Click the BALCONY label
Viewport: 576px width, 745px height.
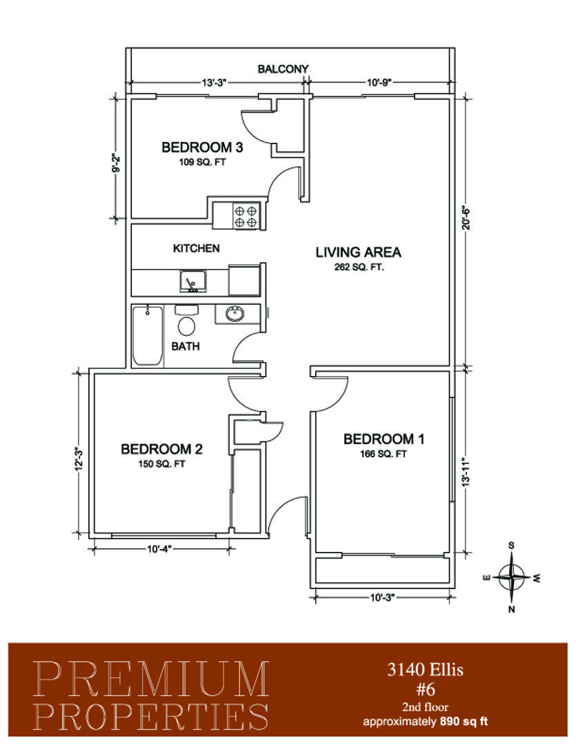coord(283,69)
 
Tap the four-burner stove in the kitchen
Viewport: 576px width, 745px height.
coord(246,215)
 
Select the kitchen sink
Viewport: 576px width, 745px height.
coord(193,281)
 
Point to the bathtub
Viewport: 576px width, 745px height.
coord(148,337)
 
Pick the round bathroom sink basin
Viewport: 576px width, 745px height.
coord(235,314)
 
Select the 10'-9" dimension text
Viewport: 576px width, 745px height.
coord(379,83)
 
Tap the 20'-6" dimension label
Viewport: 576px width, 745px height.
coord(466,217)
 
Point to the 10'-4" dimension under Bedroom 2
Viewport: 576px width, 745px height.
coord(159,549)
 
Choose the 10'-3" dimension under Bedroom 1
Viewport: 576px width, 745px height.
coord(383,597)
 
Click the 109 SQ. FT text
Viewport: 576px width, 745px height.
coord(202,162)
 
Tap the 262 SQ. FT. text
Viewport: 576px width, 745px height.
coord(359,267)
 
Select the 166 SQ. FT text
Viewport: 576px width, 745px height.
coord(384,454)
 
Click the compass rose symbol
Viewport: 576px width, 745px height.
coord(511,577)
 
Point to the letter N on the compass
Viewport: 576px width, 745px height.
coord(511,609)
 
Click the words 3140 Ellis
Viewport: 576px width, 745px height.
coord(426,669)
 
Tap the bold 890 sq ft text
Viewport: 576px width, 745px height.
coord(464,722)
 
